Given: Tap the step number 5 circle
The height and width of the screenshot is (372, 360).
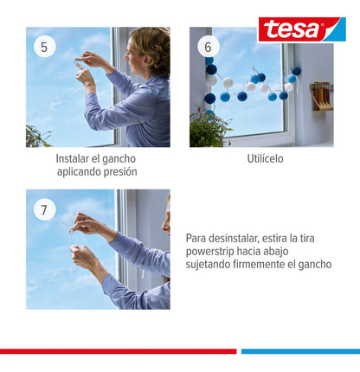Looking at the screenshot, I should point(45,46).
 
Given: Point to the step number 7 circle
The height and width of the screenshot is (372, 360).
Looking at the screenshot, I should point(45,209).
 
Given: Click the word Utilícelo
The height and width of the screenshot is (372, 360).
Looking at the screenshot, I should point(265,159).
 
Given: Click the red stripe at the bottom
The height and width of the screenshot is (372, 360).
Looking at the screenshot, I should point(118,351).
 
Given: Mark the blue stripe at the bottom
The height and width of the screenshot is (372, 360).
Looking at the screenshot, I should point(299,351).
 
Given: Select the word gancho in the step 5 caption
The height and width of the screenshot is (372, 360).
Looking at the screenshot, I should point(119,159).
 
